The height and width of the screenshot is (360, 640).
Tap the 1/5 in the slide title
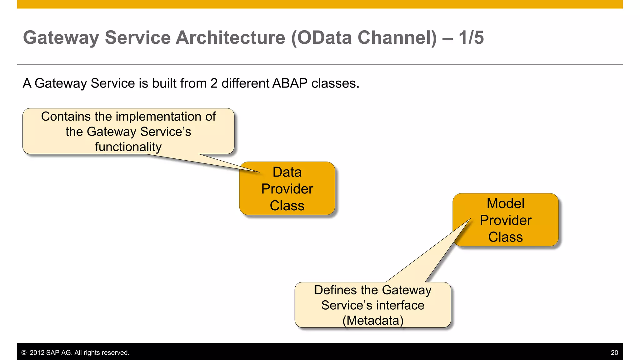pos(471,38)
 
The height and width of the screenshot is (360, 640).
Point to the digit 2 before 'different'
pos(214,83)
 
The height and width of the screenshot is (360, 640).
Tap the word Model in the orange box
pos(505,204)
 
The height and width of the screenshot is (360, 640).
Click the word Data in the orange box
pos(287,172)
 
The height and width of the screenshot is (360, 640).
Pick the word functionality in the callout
pos(128,147)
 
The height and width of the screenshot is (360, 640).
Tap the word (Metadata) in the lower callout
pos(373,321)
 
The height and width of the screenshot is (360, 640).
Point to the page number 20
pos(614,353)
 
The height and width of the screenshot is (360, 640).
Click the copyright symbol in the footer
pos(24,353)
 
